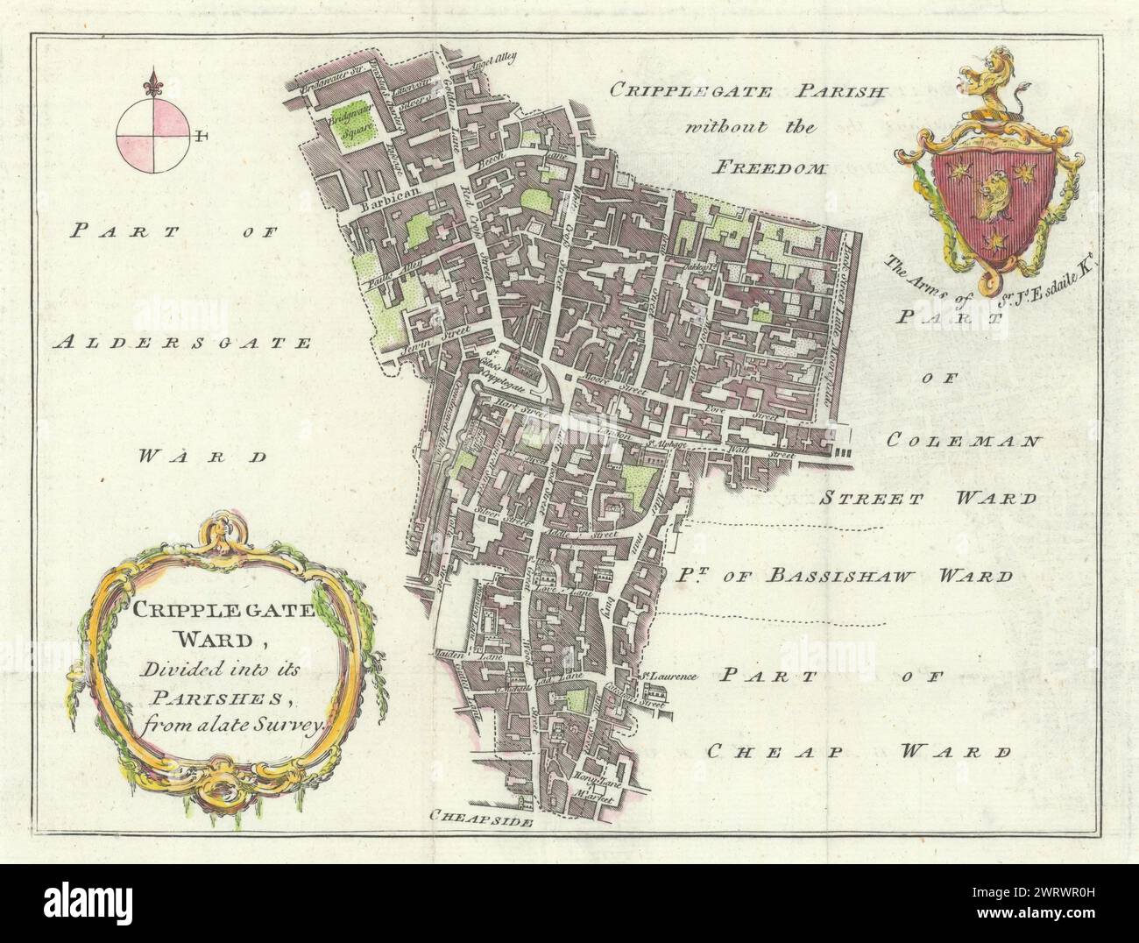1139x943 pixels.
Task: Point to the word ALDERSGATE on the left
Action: [x=181, y=344]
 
